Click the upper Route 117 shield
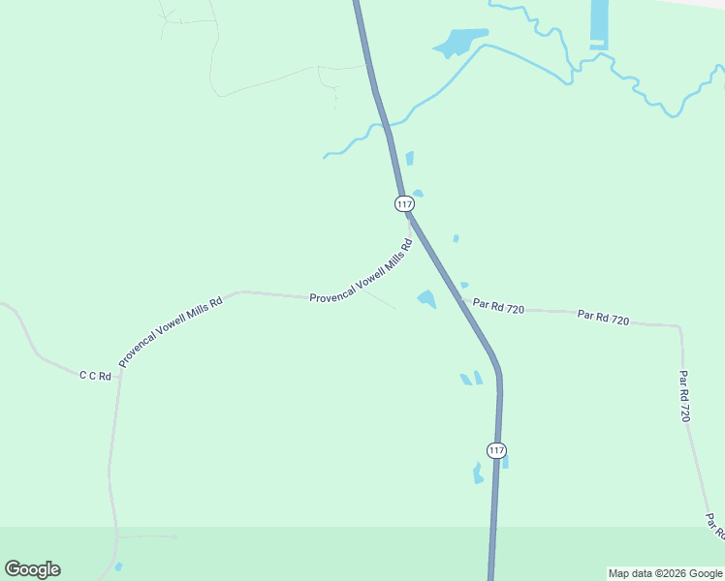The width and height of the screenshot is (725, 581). tap(404, 203)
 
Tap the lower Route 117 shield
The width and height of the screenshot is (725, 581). tap(495, 450)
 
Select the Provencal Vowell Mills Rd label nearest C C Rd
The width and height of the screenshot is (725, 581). tap(171, 332)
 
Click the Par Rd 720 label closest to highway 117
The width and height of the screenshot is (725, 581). tap(499, 307)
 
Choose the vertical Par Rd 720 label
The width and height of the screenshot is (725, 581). tap(684, 396)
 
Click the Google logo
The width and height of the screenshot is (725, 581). tap(32, 569)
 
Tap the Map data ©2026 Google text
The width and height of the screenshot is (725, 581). tap(665, 573)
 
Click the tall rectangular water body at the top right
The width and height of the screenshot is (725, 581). tap(599, 23)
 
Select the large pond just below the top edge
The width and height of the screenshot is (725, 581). tap(457, 43)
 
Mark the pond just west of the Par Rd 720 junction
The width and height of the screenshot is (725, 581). tap(426, 299)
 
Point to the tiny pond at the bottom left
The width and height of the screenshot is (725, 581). tap(118, 566)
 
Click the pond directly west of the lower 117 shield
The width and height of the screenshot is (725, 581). tap(477, 474)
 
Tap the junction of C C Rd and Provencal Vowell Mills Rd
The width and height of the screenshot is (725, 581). tap(120, 373)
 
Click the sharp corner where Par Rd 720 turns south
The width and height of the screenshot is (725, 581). tap(679, 326)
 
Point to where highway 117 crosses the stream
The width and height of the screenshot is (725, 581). tap(387, 126)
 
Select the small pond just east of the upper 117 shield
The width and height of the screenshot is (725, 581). tap(418, 194)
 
